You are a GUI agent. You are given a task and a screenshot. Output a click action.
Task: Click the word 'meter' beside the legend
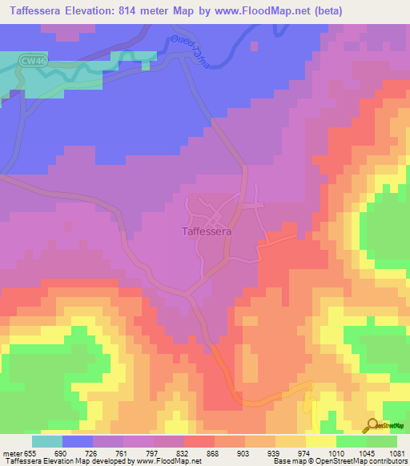(10, 452)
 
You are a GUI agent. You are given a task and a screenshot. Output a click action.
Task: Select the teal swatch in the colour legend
(47, 441)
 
